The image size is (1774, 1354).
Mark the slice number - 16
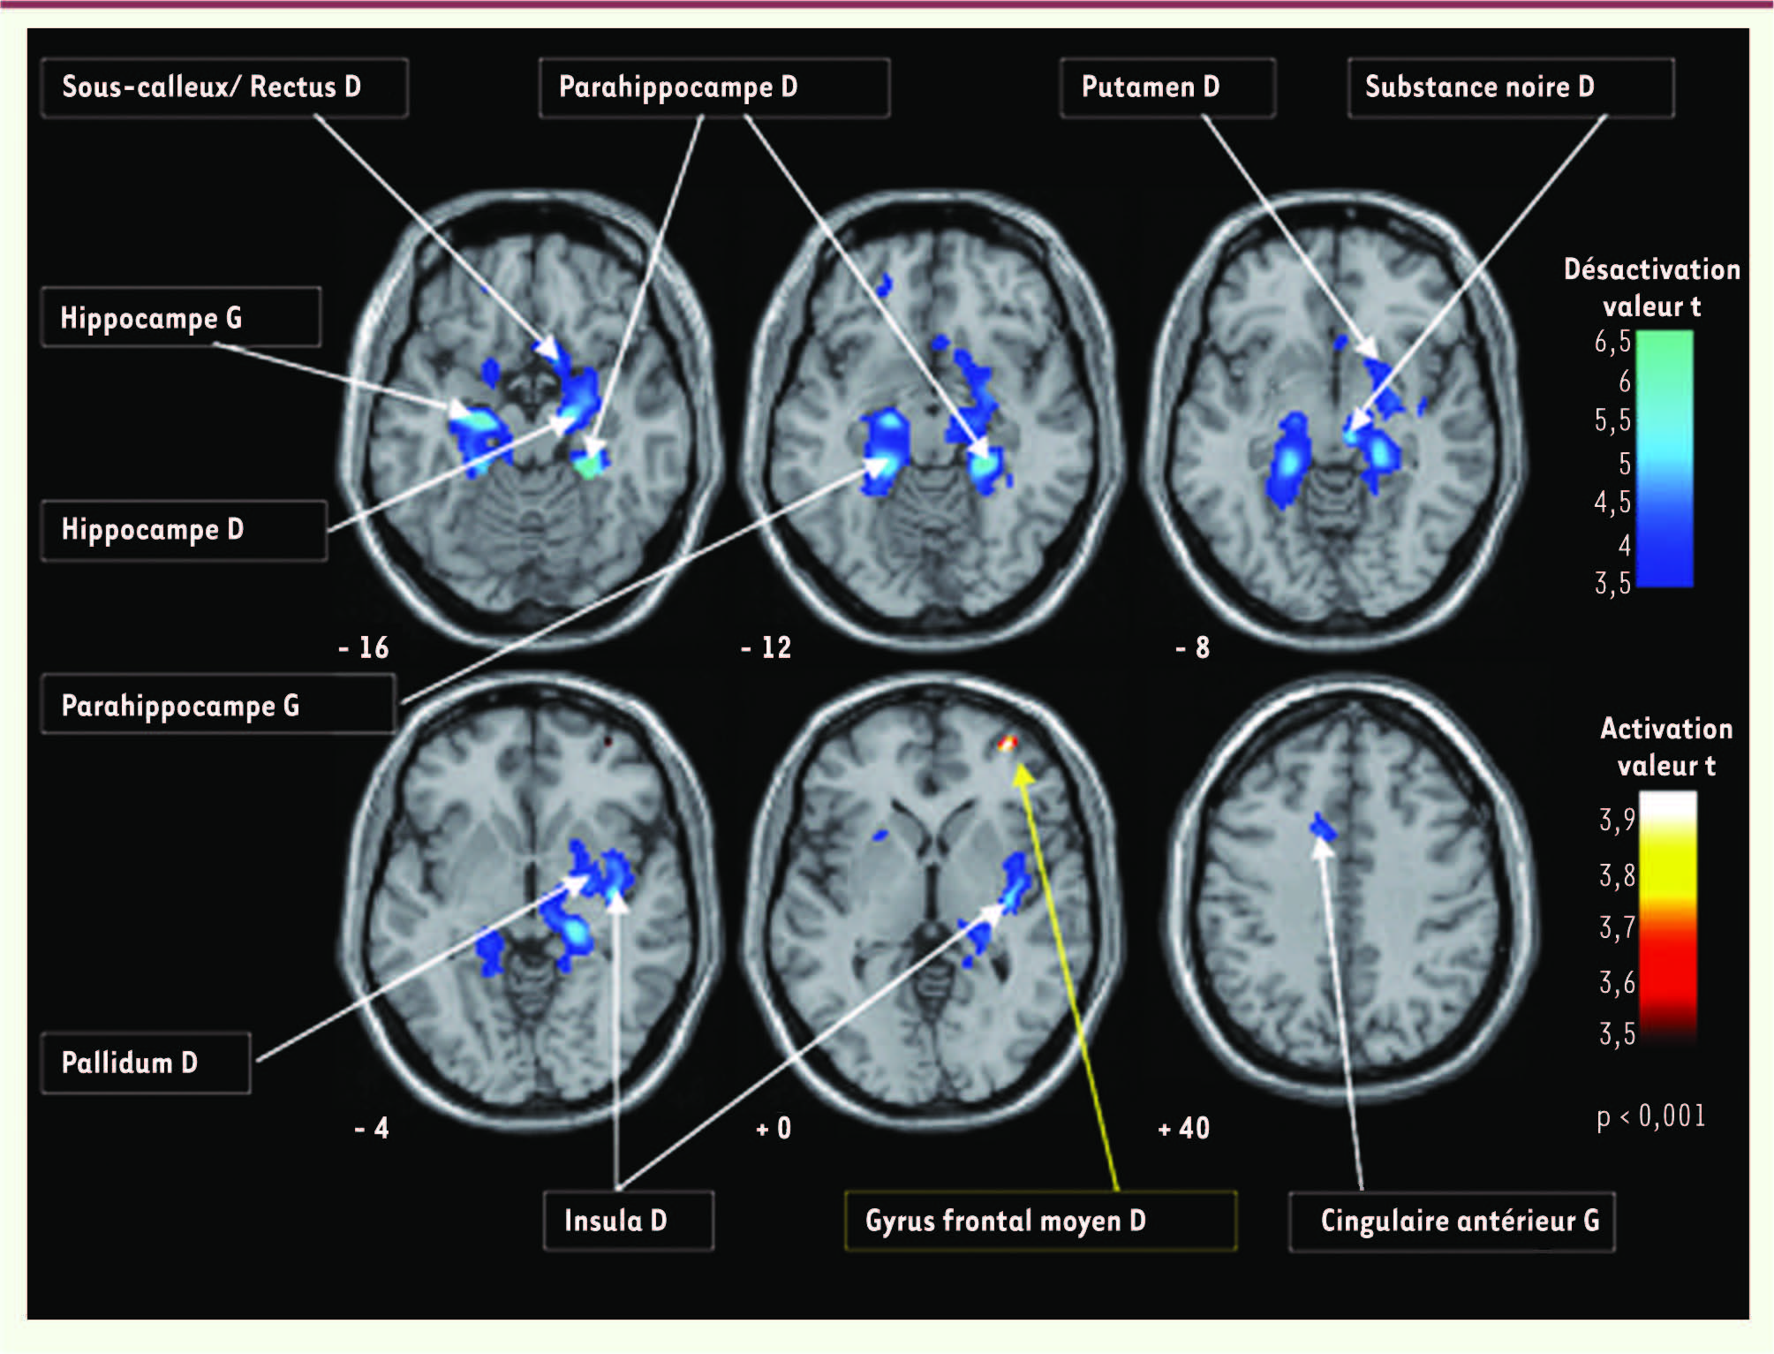click(x=364, y=647)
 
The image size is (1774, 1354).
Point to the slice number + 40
click(x=1183, y=1128)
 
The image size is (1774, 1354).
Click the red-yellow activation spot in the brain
click(x=1008, y=744)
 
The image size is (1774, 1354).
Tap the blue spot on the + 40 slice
click(x=1322, y=827)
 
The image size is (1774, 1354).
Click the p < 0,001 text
click(x=1649, y=1116)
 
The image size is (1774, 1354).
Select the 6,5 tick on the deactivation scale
click(x=1612, y=342)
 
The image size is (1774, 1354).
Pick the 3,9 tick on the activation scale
click(x=1617, y=820)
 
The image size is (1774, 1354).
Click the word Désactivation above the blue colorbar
click(x=1651, y=269)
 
